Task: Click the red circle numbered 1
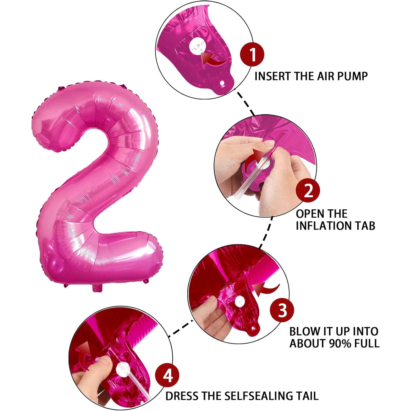click(252, 54)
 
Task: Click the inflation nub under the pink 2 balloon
click(97, 288)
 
